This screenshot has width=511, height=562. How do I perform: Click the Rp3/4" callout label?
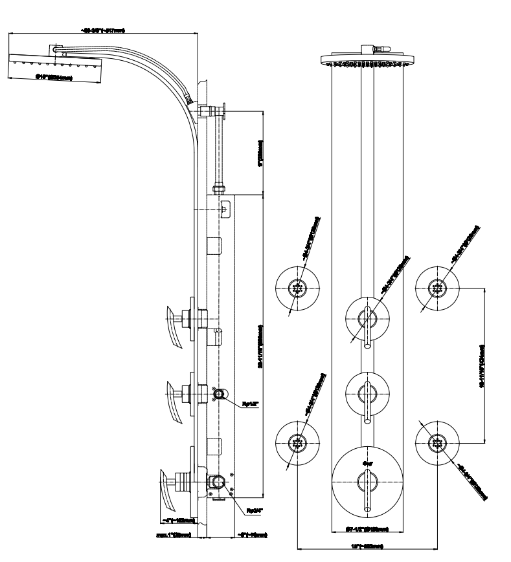[254, 511]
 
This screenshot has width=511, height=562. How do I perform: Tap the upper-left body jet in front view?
[298, 286]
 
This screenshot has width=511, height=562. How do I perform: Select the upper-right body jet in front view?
[438, 286]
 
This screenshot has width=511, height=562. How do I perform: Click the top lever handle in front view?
[367, 327]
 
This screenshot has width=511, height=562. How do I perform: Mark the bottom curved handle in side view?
[169, 492]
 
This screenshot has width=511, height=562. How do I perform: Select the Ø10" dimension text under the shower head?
[53, 78]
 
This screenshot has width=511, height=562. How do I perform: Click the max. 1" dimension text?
[173, 535]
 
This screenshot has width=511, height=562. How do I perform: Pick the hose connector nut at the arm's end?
[189, 99]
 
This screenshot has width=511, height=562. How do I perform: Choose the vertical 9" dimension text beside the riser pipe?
[260, 153]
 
